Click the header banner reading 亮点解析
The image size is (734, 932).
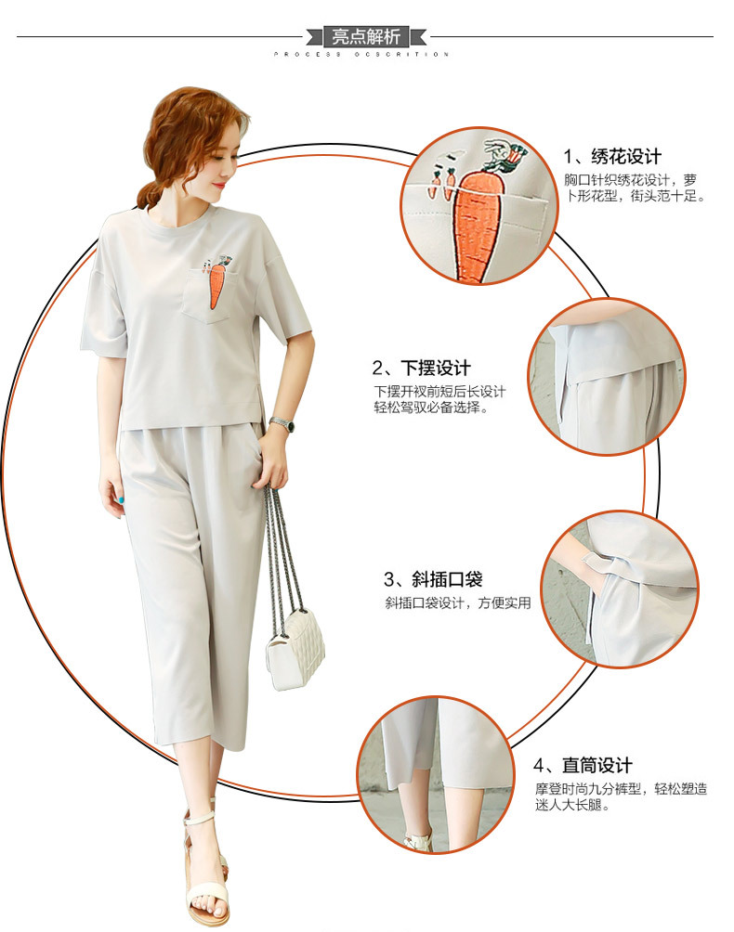pos(366,37)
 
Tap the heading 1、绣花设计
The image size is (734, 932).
pos(613,156)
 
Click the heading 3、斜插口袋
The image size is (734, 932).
pos(433,580)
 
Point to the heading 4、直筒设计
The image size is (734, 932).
pos(583,765)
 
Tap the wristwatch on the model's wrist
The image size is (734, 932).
pos(281,424)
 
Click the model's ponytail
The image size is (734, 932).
pos(150,195)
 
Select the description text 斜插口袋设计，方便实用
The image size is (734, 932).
pos(458,603)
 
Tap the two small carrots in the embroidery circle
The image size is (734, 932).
pos(439,180)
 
